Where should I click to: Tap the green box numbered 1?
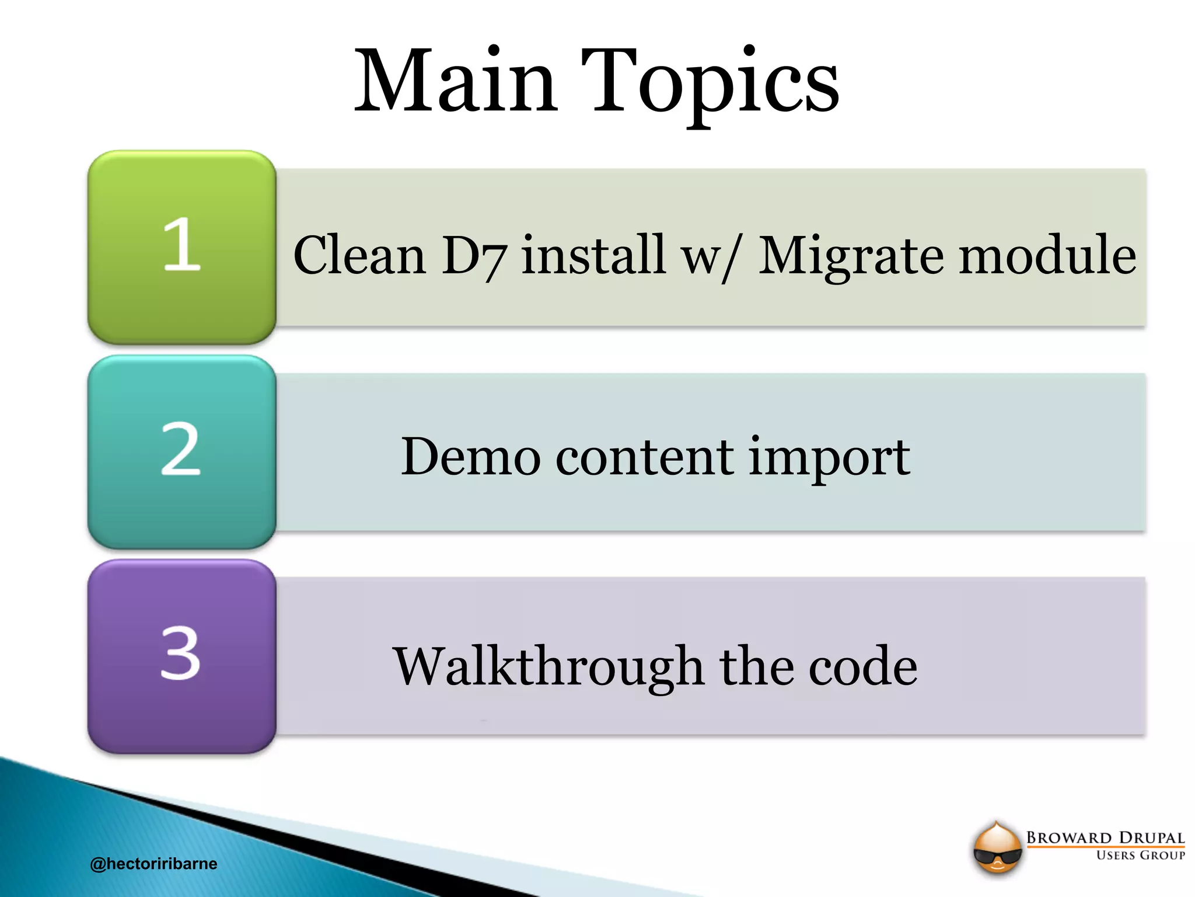pyautogui.click(x=181, y=246)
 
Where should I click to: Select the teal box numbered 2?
pyautogui.click(x=181, y=451)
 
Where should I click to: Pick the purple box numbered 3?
pyautogui.click(x=181, y=655)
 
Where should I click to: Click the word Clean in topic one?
pyautogui.click(x=359, y=255)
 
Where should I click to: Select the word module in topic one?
pyautogui.click(x=1047, y=255)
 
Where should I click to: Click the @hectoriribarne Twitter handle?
pyautogui.click(x=153, y=864)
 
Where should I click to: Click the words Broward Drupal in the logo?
pyautogui.click(x=1105, y=837)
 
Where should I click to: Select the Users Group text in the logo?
pyautogui.click(x=1140, y=856)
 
